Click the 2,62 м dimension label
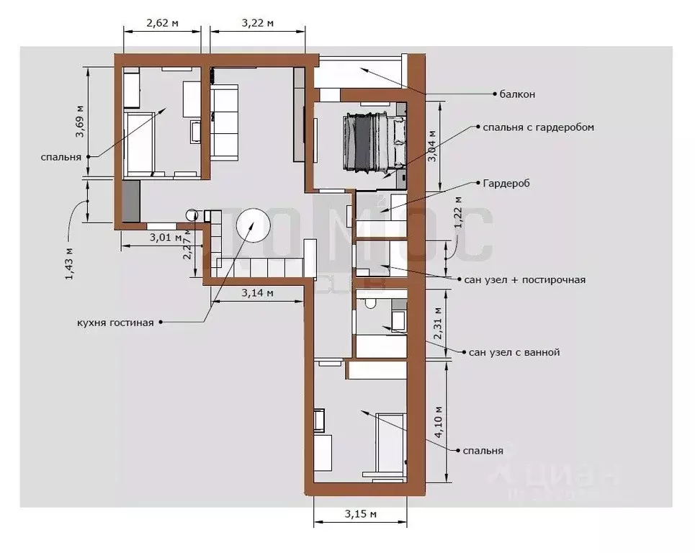pos(162,22)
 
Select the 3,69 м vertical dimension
pos(81,121)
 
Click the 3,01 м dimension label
pos(165,237)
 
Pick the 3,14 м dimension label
pos(257,292)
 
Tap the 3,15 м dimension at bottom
pos(361,513)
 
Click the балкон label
pos(517,94)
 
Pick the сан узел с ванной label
pos(514,353)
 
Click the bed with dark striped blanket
pos(374,142)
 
